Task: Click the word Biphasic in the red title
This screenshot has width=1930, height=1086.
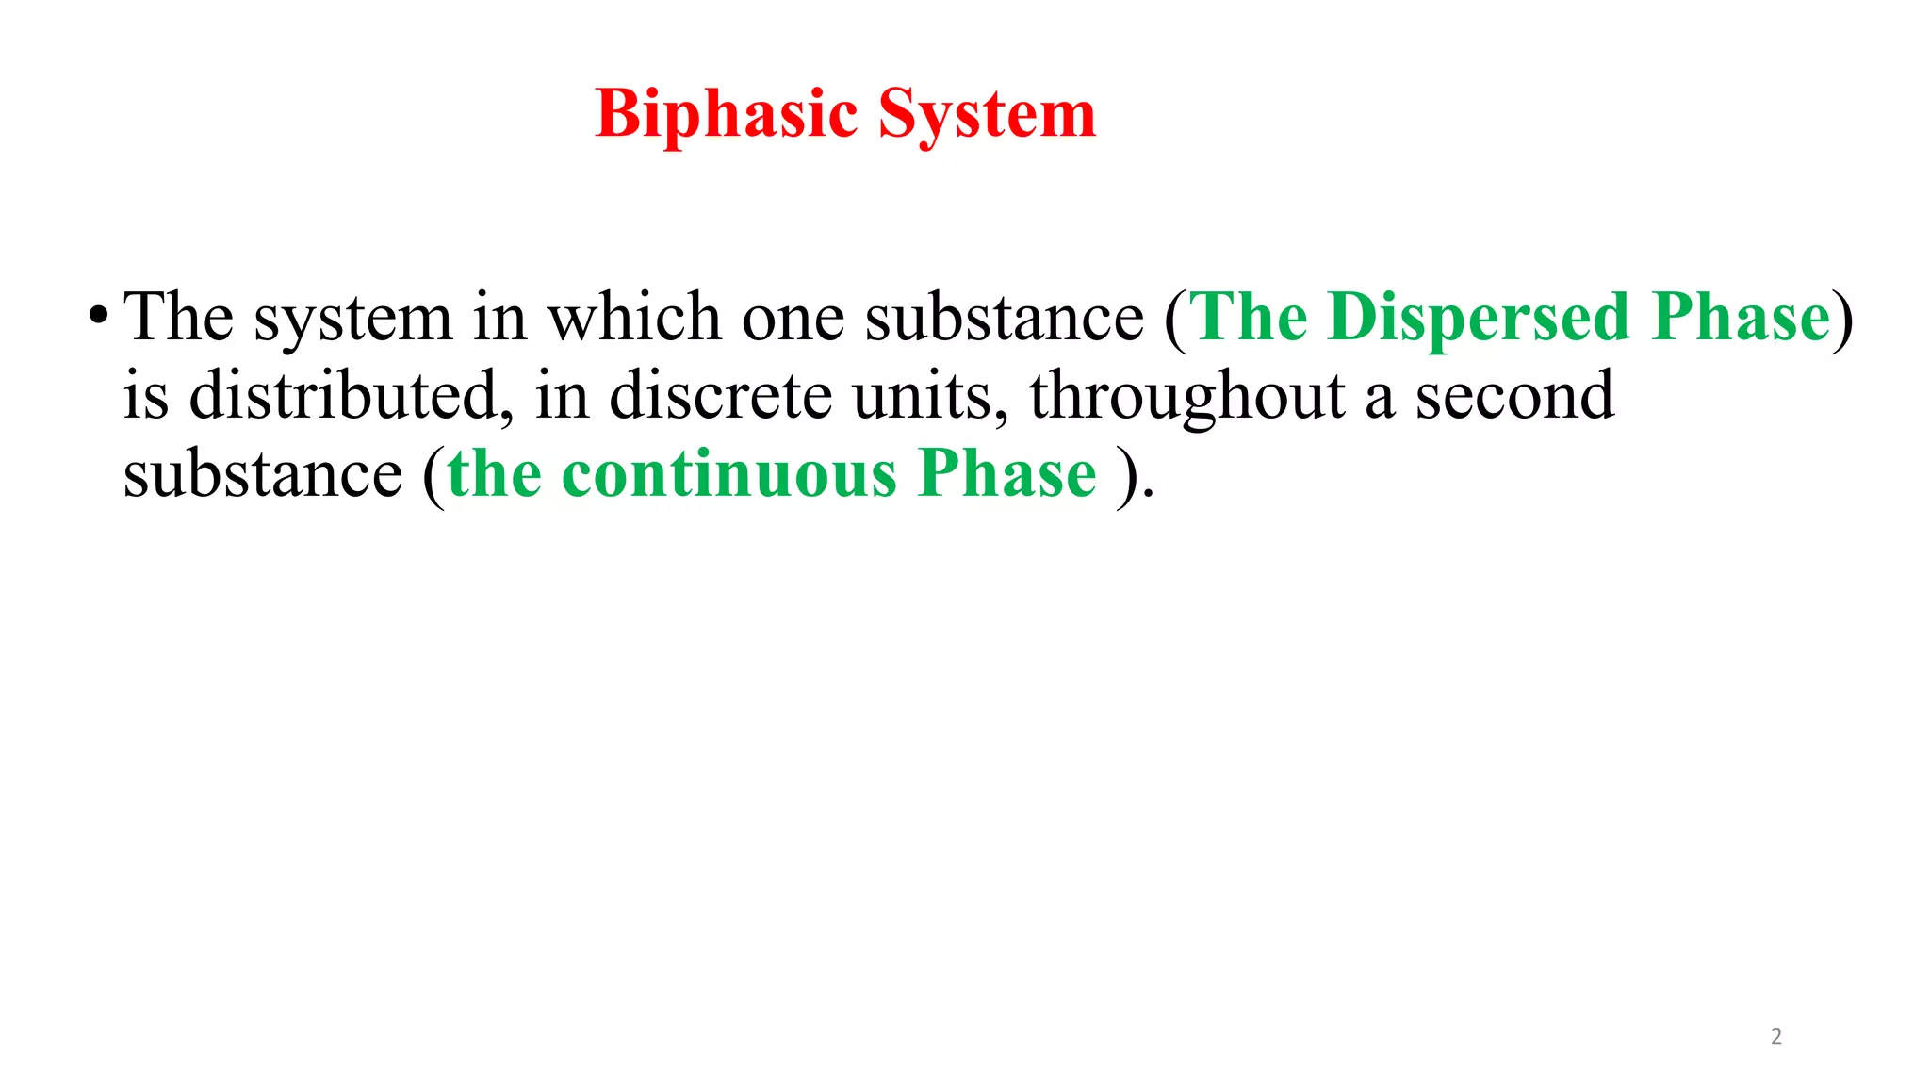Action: click(727, 114)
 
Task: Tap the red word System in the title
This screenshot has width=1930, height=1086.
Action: click(987, 114)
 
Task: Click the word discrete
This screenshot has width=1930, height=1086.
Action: click(720, 395)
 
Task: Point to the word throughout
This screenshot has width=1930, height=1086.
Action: click(1186, 397)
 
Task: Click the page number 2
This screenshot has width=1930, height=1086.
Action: click(1776, 1037)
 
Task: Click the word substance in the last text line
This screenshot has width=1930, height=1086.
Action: click(263, 473)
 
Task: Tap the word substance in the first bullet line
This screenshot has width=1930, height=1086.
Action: click(1004, 318)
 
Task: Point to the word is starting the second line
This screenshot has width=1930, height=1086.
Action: click(146, 395)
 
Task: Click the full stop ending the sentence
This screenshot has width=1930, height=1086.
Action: click(1148, 493)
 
